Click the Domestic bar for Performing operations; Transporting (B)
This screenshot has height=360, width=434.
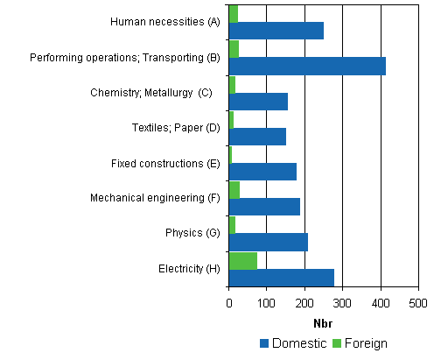pyautogui.click(x=306, y=66)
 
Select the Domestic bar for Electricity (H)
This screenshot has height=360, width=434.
pyautogui.click(x=281, y=278)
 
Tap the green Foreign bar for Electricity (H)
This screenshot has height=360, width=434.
pyautogui.click(x=242, y=260)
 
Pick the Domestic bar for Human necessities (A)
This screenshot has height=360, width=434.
pyautogui.click(x=276, y=31)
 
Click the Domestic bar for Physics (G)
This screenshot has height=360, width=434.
pyautogui.click(x=268, y=243)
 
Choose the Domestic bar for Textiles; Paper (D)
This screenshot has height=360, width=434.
pyautogui.click(x=257, y=137)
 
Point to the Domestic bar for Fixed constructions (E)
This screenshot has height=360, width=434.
pyautogui.click(x=262, y=172)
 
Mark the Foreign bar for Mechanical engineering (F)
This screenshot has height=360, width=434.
pyautogui.click(x=234, y=190)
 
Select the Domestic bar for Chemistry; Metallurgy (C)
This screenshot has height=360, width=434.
pyautogui.click(x=258, y=102)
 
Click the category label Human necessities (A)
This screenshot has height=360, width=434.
pyautogui.click(x=164, y=22)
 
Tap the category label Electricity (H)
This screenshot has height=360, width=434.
pyautogui.click(x=189, y=269)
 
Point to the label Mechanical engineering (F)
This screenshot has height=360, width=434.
pyautogui.click(x=155, y=198)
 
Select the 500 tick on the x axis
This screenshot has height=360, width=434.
pyautogui.click(x=418, y=302)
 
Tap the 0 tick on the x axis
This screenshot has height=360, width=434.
pyautogui.click(x=228, y=302)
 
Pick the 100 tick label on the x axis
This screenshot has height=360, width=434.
pyautogui.click(x=266, y=302)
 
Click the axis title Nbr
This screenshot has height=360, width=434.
pyautogui.click(x=323, y=321)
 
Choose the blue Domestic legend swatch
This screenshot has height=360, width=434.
pyautogui.click(x=264, y=343)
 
